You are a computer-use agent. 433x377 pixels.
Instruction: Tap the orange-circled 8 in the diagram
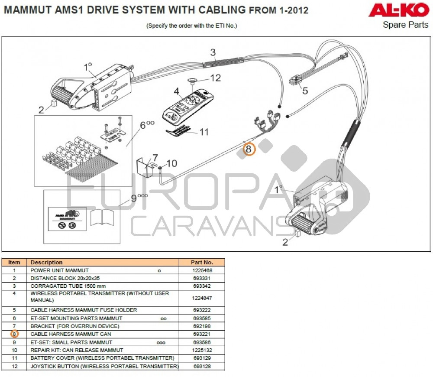pos(249,149)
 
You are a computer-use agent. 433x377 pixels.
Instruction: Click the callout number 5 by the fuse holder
pos(305,91)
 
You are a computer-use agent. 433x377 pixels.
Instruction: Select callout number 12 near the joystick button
pos(215,78)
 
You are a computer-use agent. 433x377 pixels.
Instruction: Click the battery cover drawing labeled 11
pos(179,130)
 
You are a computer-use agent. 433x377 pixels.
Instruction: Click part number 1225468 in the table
pos(202,270)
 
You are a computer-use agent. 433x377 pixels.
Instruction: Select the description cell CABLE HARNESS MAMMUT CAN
pos(71,334)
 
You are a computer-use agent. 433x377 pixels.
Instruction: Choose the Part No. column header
pos(202,262)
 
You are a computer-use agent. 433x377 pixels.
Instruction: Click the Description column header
pos(46,262)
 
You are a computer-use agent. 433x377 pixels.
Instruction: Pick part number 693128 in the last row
pos(202,367)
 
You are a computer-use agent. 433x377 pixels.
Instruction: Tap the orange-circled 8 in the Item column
pos(14,334)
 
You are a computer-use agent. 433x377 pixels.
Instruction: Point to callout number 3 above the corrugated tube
pos(213,53)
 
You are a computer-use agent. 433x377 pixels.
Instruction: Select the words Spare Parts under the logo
pos(405,25)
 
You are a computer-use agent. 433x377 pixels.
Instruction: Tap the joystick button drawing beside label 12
pos(192,80)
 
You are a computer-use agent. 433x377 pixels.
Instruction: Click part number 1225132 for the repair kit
pos(202,350)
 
